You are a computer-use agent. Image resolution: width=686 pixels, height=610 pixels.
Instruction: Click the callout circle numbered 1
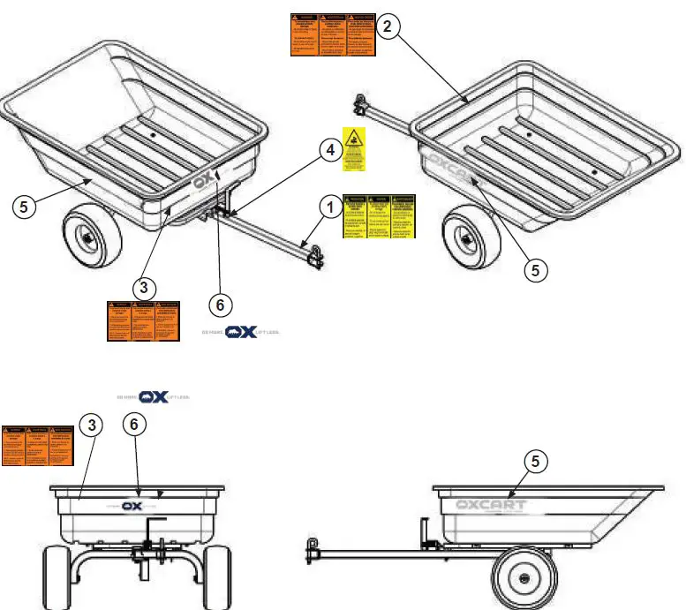click(328, 209)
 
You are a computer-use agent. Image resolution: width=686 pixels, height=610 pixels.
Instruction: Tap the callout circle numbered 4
click(328, 151)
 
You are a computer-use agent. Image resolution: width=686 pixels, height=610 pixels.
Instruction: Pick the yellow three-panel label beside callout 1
click(380, 216)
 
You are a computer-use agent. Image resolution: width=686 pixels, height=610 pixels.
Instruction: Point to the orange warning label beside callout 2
click(333, 35)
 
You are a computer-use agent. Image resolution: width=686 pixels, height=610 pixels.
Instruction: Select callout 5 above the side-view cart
click(531, 460)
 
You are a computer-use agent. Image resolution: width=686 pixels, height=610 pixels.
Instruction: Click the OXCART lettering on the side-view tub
click(491, 506)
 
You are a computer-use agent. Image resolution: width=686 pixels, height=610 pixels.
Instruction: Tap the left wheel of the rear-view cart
click(55, 577)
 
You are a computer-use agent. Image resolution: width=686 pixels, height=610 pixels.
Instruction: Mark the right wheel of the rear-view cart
click(218, 577)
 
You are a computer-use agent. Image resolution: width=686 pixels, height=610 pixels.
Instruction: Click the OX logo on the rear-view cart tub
click(132, 507)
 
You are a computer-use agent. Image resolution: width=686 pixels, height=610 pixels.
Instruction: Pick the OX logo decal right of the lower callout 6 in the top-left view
click(240, 332)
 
